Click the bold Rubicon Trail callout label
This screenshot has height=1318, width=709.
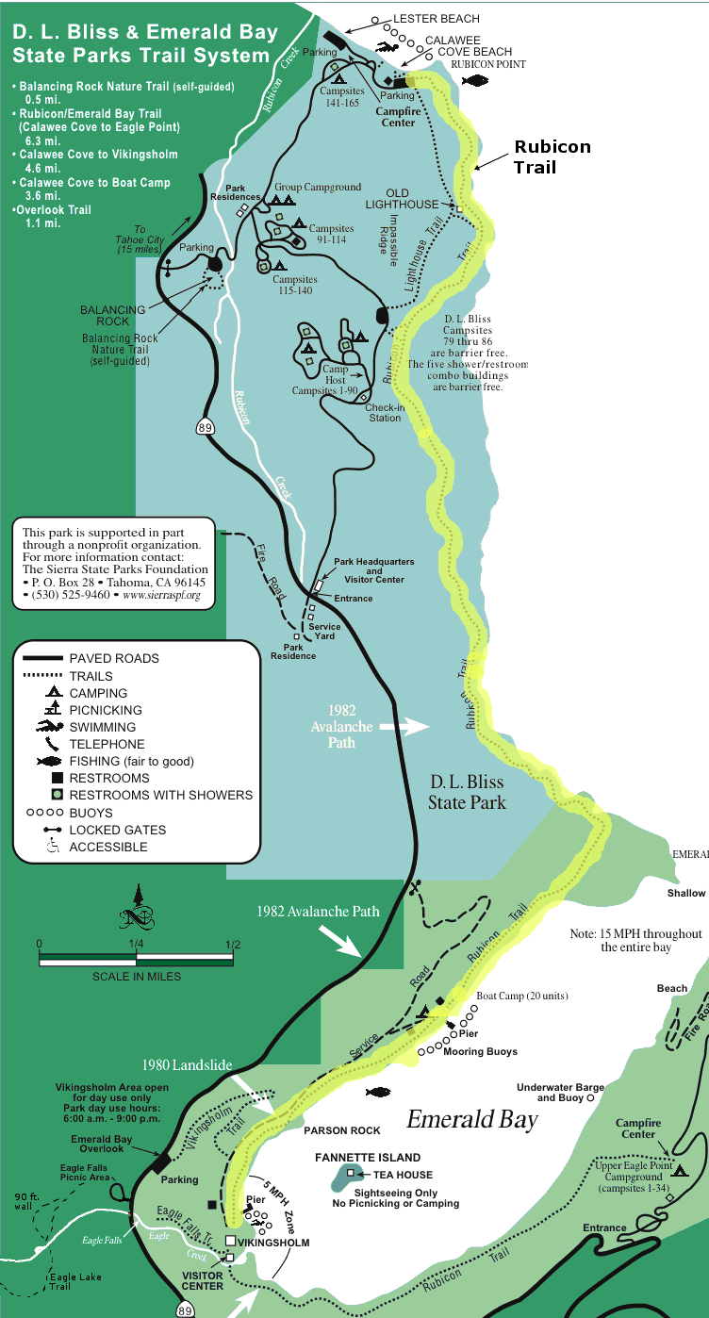pyautogui.click(x=552, y=157)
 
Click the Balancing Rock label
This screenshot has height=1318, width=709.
pyautogui.click(x=112, y=315)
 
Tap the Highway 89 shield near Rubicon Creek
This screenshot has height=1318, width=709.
pyautogui.click(x=206, y=427)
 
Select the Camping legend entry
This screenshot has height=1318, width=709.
pyautogui.click(x=98, y=693)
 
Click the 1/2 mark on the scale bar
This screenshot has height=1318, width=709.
pyautogui.click(x=233, y=945)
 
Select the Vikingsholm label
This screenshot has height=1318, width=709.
pyautogui.click(x=273, y=1243)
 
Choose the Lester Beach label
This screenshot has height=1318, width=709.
pyautogui.click(x=436, y=19)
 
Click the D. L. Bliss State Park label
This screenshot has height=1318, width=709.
pyautogui.click(x=467, y=792)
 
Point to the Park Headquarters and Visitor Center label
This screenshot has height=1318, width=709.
pyautogui.click(x=373, y=570)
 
